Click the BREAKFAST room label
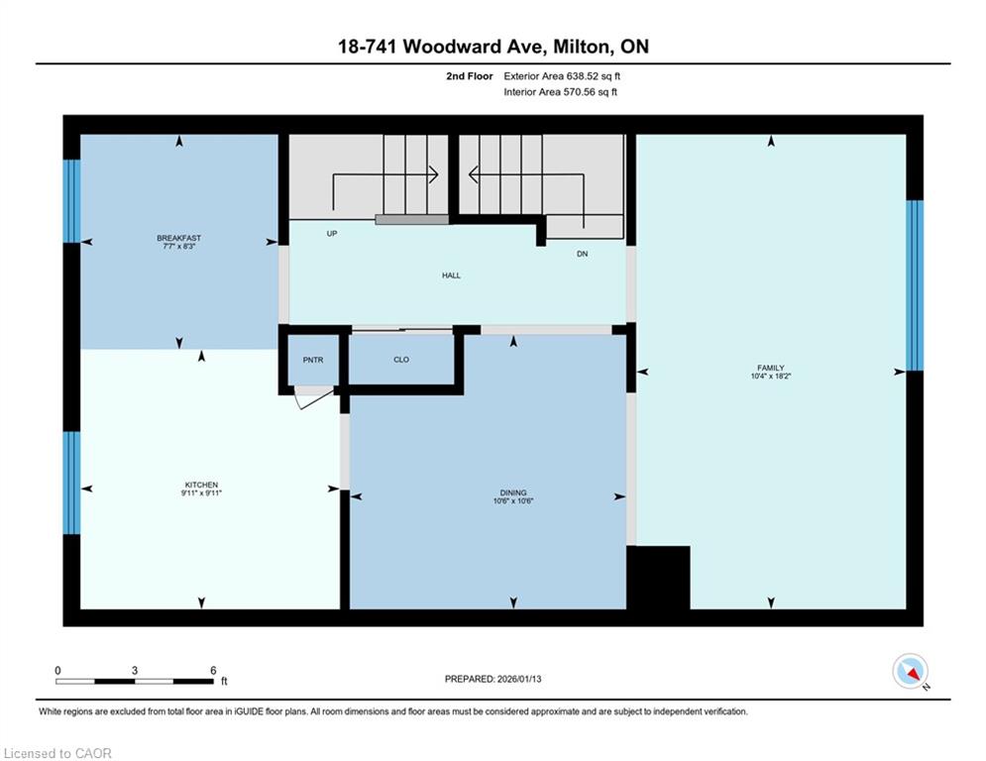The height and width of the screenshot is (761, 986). [179, 238]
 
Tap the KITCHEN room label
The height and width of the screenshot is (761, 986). [201, 485]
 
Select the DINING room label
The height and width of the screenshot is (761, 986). [513, 493]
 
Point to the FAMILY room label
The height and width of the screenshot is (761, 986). [771, 368]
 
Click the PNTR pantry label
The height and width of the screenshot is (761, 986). [312, 360]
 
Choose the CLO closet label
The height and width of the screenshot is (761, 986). [401, 360]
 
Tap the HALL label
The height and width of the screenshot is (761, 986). [451, 275]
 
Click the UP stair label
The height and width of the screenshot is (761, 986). [332, 233]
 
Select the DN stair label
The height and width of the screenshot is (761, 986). [583, 254]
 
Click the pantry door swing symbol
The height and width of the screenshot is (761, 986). [313, 397]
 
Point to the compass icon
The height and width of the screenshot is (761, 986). [910, 672]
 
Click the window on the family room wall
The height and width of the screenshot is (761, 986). [915, 285]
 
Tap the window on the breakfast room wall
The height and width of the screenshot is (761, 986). [71, 201]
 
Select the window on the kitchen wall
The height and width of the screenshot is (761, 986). [71, 483]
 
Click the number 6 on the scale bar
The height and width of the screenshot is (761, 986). [213, 671]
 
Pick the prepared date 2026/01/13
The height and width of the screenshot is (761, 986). [519, 679]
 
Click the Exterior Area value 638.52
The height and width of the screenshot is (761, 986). [582, 76]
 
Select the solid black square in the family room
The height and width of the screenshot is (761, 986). [658, 578]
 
